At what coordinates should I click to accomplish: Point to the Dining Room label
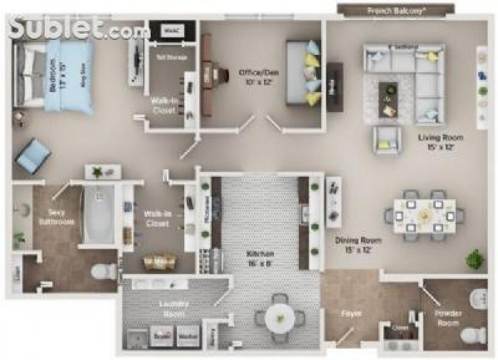point(359,244)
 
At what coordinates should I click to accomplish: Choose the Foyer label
point(351,313)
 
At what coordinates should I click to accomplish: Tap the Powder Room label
point(448,318)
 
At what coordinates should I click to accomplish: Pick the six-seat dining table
point(424,215)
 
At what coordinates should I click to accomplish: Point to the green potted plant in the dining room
point(475,260)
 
